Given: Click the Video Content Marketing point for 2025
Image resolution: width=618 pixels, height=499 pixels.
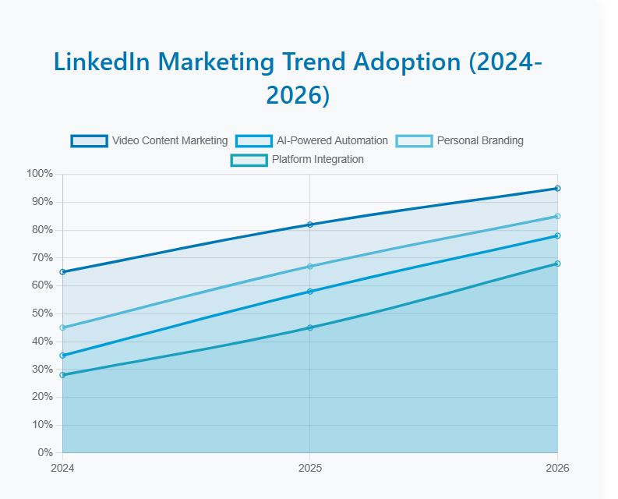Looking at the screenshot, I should click(310, 225).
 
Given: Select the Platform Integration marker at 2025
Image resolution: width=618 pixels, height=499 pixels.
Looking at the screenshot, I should click(310, 327).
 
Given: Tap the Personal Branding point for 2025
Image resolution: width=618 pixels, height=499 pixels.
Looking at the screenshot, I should click(310, 267).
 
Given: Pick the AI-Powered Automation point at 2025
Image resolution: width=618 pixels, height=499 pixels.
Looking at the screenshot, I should click(310, 292).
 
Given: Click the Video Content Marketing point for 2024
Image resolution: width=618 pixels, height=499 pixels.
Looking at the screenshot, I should click(62, 272).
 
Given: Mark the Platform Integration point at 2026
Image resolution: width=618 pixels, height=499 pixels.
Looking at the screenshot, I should click(558, 264).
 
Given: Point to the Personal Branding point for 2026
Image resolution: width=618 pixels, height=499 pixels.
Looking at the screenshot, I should click(558, 216).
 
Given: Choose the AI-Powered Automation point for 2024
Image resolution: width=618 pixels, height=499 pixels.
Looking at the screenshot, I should click(62, 356).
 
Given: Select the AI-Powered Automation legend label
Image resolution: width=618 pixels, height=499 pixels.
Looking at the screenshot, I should click(332, 141).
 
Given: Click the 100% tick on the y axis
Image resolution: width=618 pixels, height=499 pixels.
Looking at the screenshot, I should click(40, 174).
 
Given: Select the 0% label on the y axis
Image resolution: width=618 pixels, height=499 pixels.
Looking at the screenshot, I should click(45, 453).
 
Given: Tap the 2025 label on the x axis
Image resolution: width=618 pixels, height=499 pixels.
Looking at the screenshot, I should click(310, 469).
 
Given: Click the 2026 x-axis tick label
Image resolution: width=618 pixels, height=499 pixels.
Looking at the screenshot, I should click(558, 469).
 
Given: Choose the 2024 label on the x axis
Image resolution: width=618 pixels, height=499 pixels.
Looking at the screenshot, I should click(62, 469).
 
